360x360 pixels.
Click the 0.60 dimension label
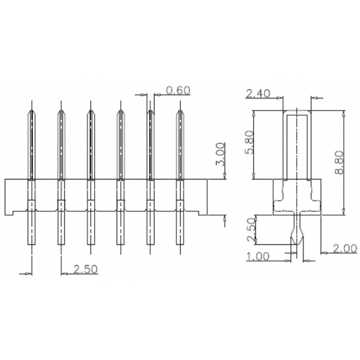pos(178,90)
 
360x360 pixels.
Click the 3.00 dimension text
pos(220,155)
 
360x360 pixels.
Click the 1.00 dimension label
pos(258,256)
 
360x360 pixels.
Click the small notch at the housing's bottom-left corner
pos(10,213)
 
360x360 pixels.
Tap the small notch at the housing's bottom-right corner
pos(202,213)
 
